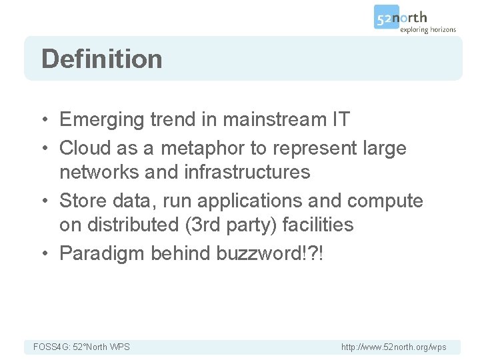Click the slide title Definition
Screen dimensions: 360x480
[101, 59]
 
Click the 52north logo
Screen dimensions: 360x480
[401, 18]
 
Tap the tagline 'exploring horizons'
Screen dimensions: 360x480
[428, 29]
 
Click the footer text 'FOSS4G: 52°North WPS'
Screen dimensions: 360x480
[81, 347]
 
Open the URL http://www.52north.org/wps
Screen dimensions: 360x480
[393, 347]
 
